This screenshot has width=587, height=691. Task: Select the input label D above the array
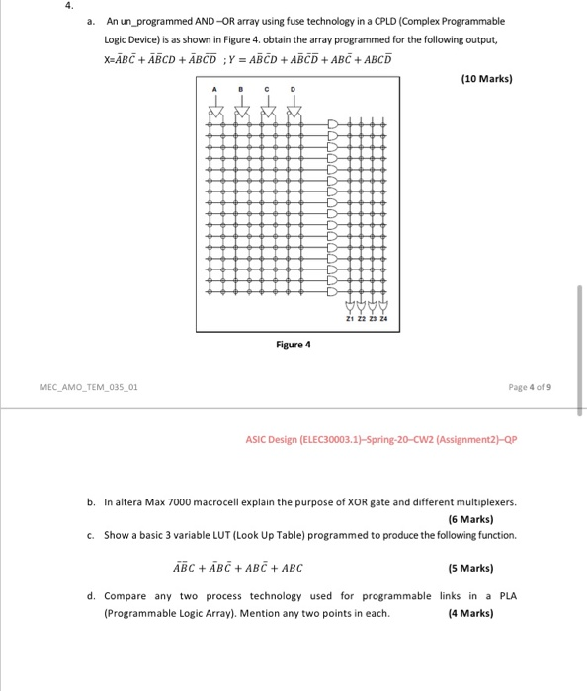point(291,90)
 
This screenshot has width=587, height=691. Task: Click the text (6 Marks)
point(470,517)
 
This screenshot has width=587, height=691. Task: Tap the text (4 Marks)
point(470,613)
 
